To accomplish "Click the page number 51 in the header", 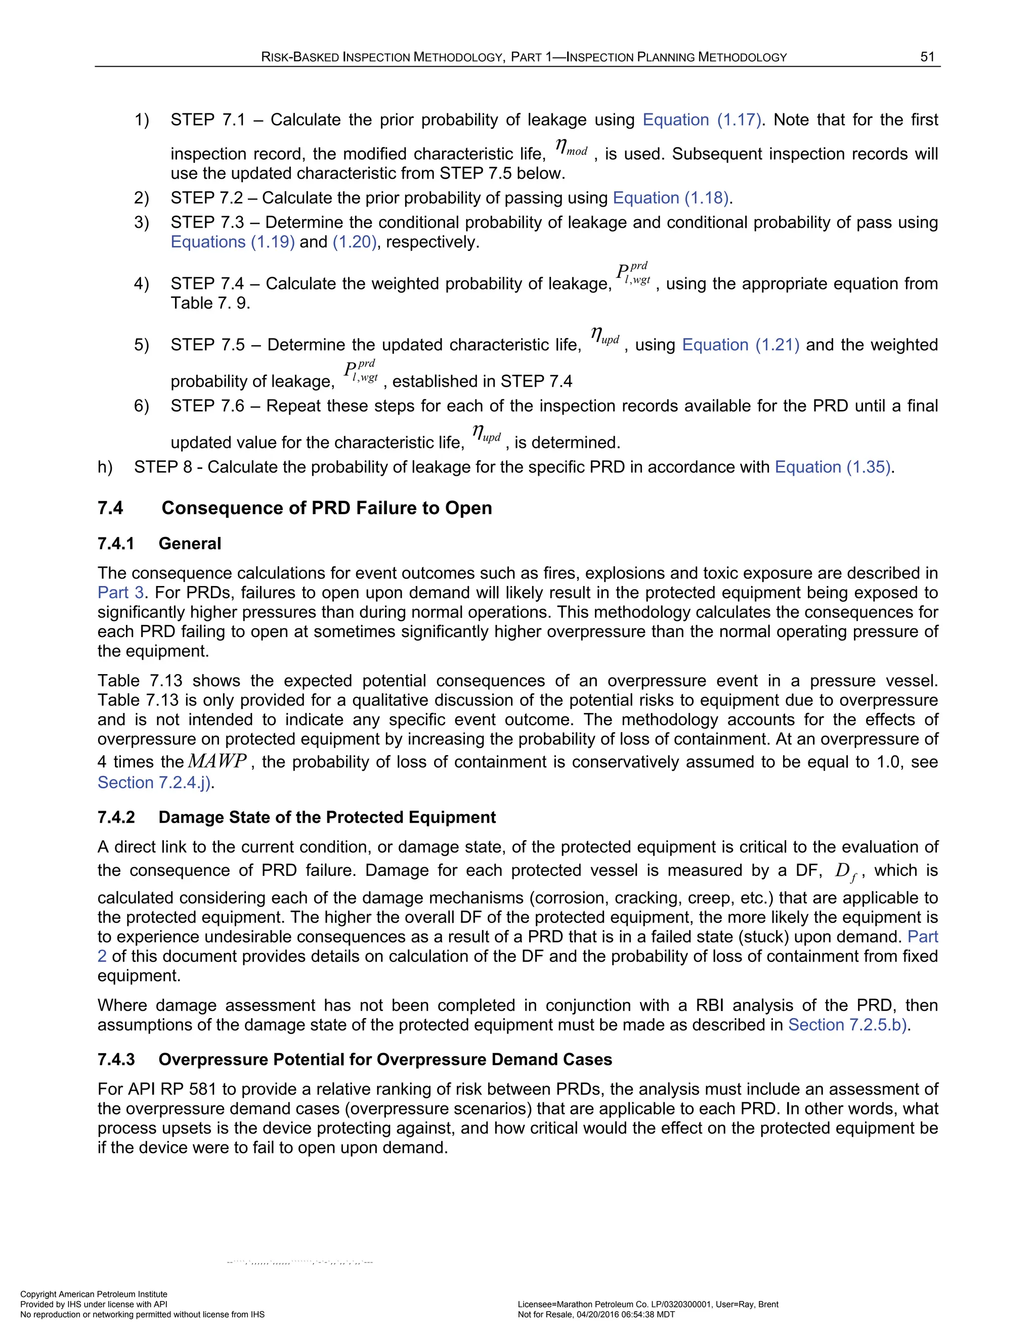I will [x=927, y=57].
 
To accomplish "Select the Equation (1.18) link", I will [x=671, y=198].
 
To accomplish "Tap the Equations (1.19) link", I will [x=233, y=242].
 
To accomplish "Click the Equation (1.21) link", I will [x=740, y=345].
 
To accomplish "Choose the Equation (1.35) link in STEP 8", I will [x=833, y=467].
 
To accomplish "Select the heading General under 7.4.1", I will [x=190, y=544].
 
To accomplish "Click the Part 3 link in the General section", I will [x=121, y=593].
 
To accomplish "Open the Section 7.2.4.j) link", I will [x=156, y=783].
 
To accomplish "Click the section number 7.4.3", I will [x=116, y=1060].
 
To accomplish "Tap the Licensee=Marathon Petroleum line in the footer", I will [x=647, y=1305].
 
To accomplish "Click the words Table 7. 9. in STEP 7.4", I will [x=210, y=303].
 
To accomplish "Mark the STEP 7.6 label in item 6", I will [x=207, y=406].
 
